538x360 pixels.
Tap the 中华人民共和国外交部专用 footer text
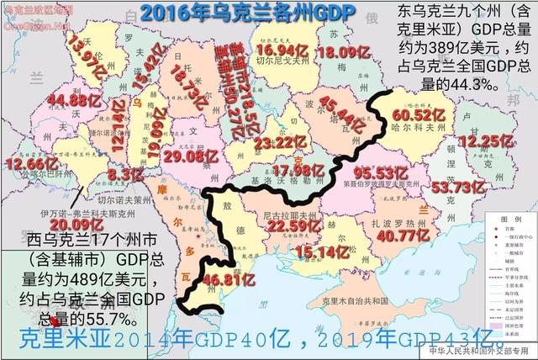pyautogui.click(x=486, y=352)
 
